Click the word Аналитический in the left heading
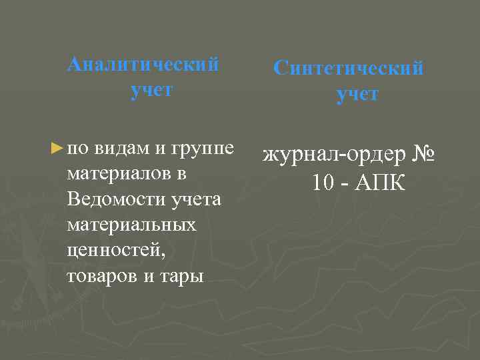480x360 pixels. pos(143,65)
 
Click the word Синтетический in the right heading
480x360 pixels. pos(349,69)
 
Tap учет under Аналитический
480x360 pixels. pos(151,90)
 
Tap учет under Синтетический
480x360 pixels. pos(357,95)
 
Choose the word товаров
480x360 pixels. pos(103,276)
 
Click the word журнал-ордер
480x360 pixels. pos(334,156)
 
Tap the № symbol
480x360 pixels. pos(423,155)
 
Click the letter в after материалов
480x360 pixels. pos(181,174)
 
